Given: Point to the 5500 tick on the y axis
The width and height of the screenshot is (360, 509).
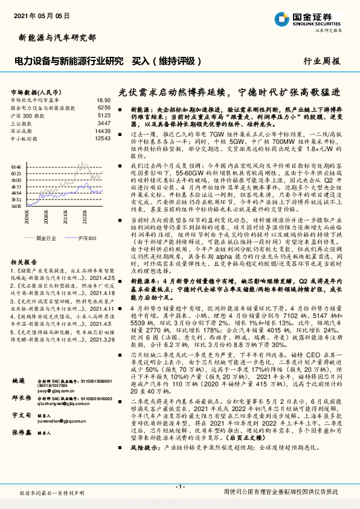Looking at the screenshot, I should click(x=16, y=180).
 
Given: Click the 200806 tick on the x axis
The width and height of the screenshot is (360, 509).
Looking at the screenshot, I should click(x=27, y=213).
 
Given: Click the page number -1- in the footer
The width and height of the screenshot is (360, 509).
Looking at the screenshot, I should click(x=180, y=487).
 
